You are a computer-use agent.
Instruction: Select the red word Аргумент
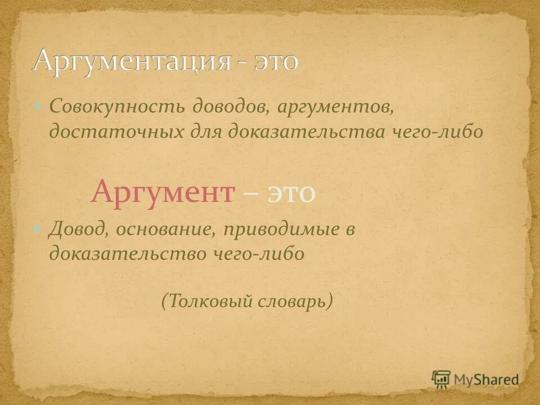click(x=163, y=193)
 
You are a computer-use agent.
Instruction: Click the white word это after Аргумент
click(x=292, y=193)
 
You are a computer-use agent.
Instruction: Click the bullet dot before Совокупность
click(x=38, y=106)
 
